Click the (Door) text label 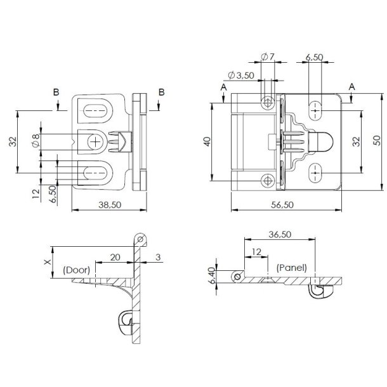(x=76, y=270)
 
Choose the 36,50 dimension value (x=279, y=234)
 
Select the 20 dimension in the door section (x=114, y=256)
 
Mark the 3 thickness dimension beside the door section (x=158, y=256)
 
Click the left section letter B (x=56, y=93)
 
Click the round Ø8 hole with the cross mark (x=95, y=142)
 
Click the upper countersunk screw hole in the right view (x=268, y=102)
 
